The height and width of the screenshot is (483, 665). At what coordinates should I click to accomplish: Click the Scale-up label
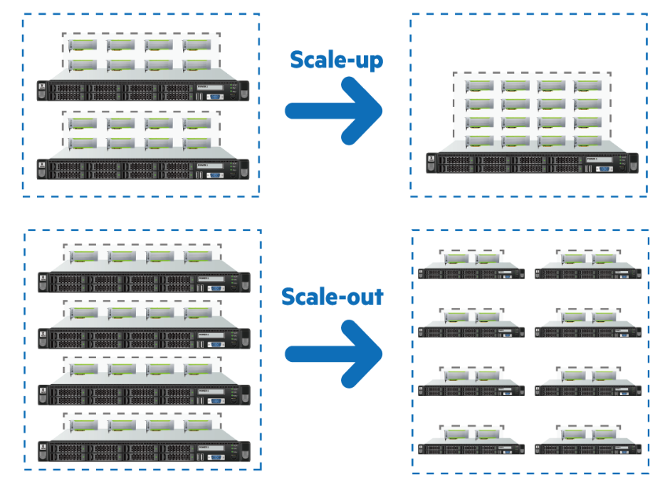pos(336,60)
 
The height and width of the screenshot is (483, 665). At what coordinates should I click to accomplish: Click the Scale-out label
pos(332,296)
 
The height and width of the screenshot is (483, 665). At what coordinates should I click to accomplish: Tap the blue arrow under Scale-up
pos(333,109)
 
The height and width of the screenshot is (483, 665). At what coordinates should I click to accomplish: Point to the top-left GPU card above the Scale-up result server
pos(478,85)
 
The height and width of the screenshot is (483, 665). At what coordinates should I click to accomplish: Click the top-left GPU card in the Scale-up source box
pos(84,45)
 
